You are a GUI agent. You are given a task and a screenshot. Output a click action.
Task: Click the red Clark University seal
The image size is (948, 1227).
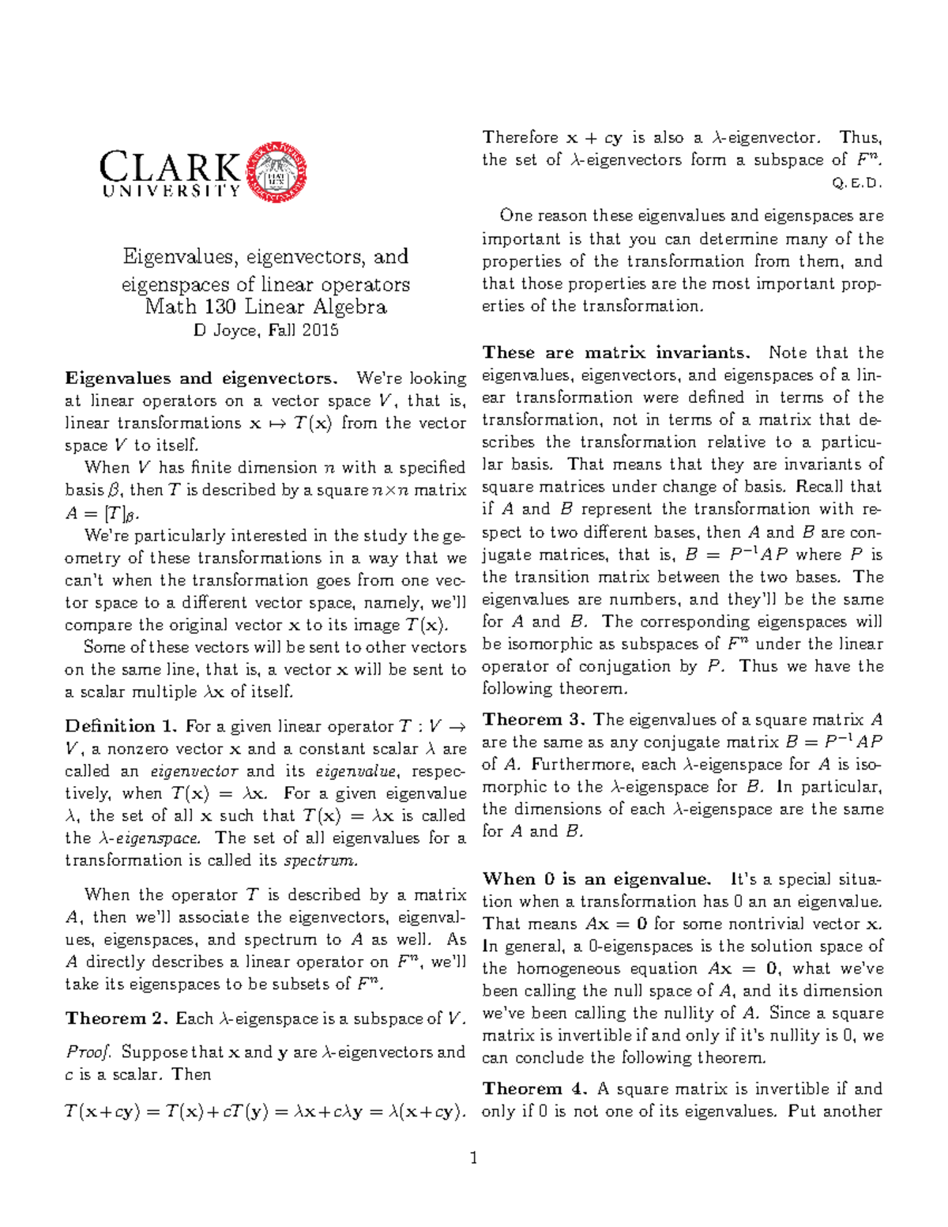(276, 172)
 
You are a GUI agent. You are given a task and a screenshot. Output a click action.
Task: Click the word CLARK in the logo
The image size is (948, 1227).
(170, 167)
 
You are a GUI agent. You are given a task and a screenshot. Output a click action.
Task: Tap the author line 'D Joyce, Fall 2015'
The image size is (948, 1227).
(265, 330)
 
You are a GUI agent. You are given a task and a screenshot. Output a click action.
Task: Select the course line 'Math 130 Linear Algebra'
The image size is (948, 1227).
(265, 307)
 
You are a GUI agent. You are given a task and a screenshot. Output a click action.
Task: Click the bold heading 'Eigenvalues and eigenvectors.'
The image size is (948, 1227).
(201, 378)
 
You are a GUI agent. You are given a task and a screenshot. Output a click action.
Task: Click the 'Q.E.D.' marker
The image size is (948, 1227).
(857, 183)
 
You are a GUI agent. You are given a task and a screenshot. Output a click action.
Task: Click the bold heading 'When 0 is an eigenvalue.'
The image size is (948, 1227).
(596, 879)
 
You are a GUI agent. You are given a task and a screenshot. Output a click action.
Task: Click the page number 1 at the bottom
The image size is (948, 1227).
(474, 1159)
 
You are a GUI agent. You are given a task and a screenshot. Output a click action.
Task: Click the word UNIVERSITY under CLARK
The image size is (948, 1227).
(171, 191)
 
